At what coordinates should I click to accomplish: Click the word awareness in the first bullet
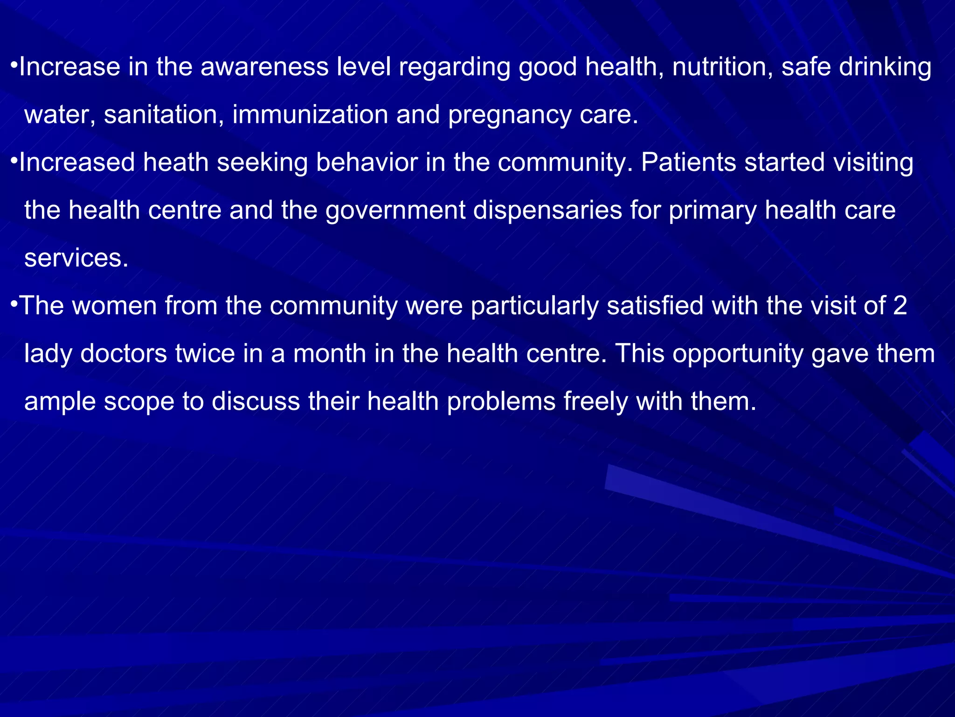coord(264,67)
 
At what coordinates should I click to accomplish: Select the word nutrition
coord(722,67)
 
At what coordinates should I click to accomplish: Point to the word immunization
coord(310,115)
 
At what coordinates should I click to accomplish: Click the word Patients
coord(688,162)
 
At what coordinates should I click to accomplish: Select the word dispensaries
coord(547,211)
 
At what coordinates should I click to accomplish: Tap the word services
coord(76,258)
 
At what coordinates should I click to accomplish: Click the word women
coord(114,306)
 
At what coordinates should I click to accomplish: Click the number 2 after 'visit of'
coord(900,306)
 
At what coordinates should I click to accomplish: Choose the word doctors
coord(124,354)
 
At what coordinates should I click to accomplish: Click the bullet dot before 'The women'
coord(14,303)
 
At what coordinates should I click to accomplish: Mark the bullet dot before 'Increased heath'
coord(14,160)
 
